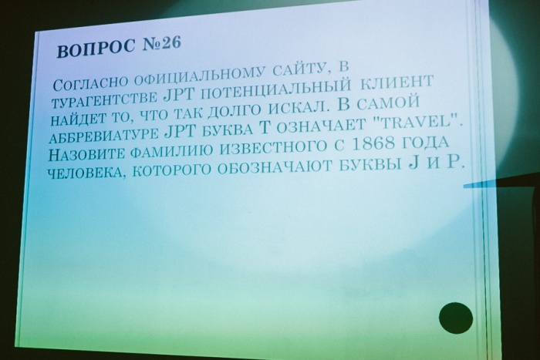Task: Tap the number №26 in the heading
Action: (161, 44)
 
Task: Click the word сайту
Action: (302, 70)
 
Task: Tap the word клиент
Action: (397, 83)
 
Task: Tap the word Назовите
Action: (86, 154)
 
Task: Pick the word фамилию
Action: (171, 151)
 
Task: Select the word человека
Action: (86, 172)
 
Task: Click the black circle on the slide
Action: (456, 318)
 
